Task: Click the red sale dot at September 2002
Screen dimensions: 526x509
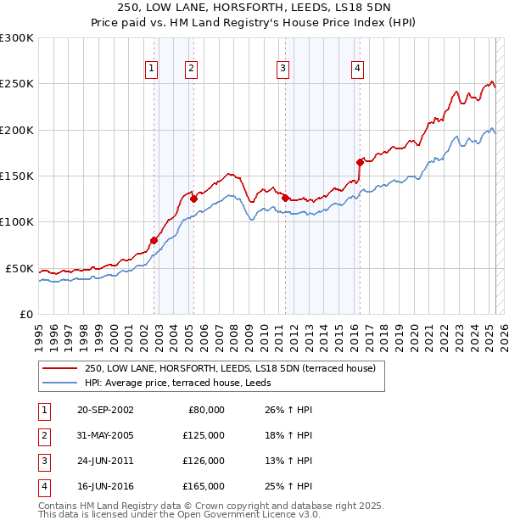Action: point(154,240)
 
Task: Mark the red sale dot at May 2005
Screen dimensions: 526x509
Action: point(194,199)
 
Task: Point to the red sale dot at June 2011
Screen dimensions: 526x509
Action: point(286,198)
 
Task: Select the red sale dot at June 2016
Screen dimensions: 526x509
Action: point(360,161)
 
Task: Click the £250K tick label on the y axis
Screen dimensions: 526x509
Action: point(17,84)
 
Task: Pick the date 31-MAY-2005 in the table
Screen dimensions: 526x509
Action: point(105,435)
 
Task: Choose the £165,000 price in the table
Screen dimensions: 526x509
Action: point(203,486)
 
